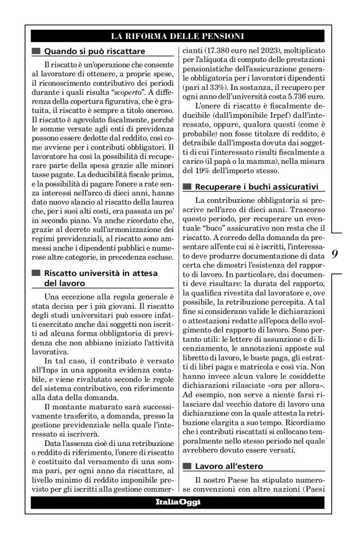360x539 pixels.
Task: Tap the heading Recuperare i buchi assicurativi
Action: pyautogui.click(x=256, y=186)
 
